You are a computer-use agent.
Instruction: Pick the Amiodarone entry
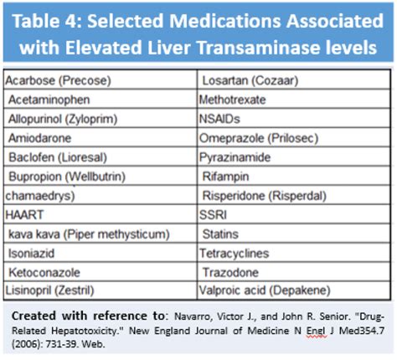pos(39,137)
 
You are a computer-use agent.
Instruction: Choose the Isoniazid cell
pos(33,252)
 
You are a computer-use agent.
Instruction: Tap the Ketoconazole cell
pos(42,272)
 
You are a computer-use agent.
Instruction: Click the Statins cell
pos(221,233)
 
